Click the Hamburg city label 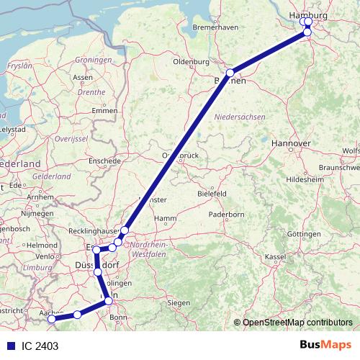pyautogui.click(x=307, y=15)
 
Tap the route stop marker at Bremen pyautogui.click(x=230, y=73)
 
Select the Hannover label pyautogui.click(x=290, y=144)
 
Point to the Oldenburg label pyautogui.click(x=191, y=62)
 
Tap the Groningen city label pyautogui.click(x=96, y=59)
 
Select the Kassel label pyautogui.click(x=276, y=256)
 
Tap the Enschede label pyautogui.click(x=105, y=160)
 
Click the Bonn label pyautogui.click(x=118, y=318)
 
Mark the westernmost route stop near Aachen pyautogui.click(x=52, y=319)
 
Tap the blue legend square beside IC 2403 pyautogui.click(x=10, y=346)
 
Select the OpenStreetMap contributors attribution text pyautogui.click(x=297, y=323)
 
